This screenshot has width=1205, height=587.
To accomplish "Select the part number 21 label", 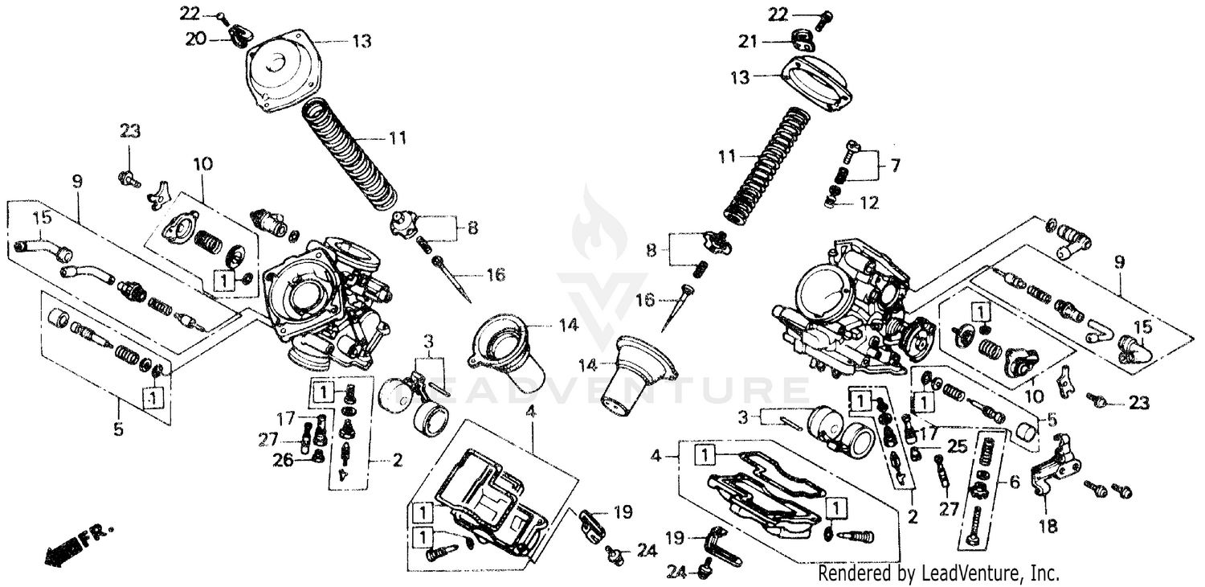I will point(748,42).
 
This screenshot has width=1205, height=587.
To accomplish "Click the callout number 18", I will point(1048,527).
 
